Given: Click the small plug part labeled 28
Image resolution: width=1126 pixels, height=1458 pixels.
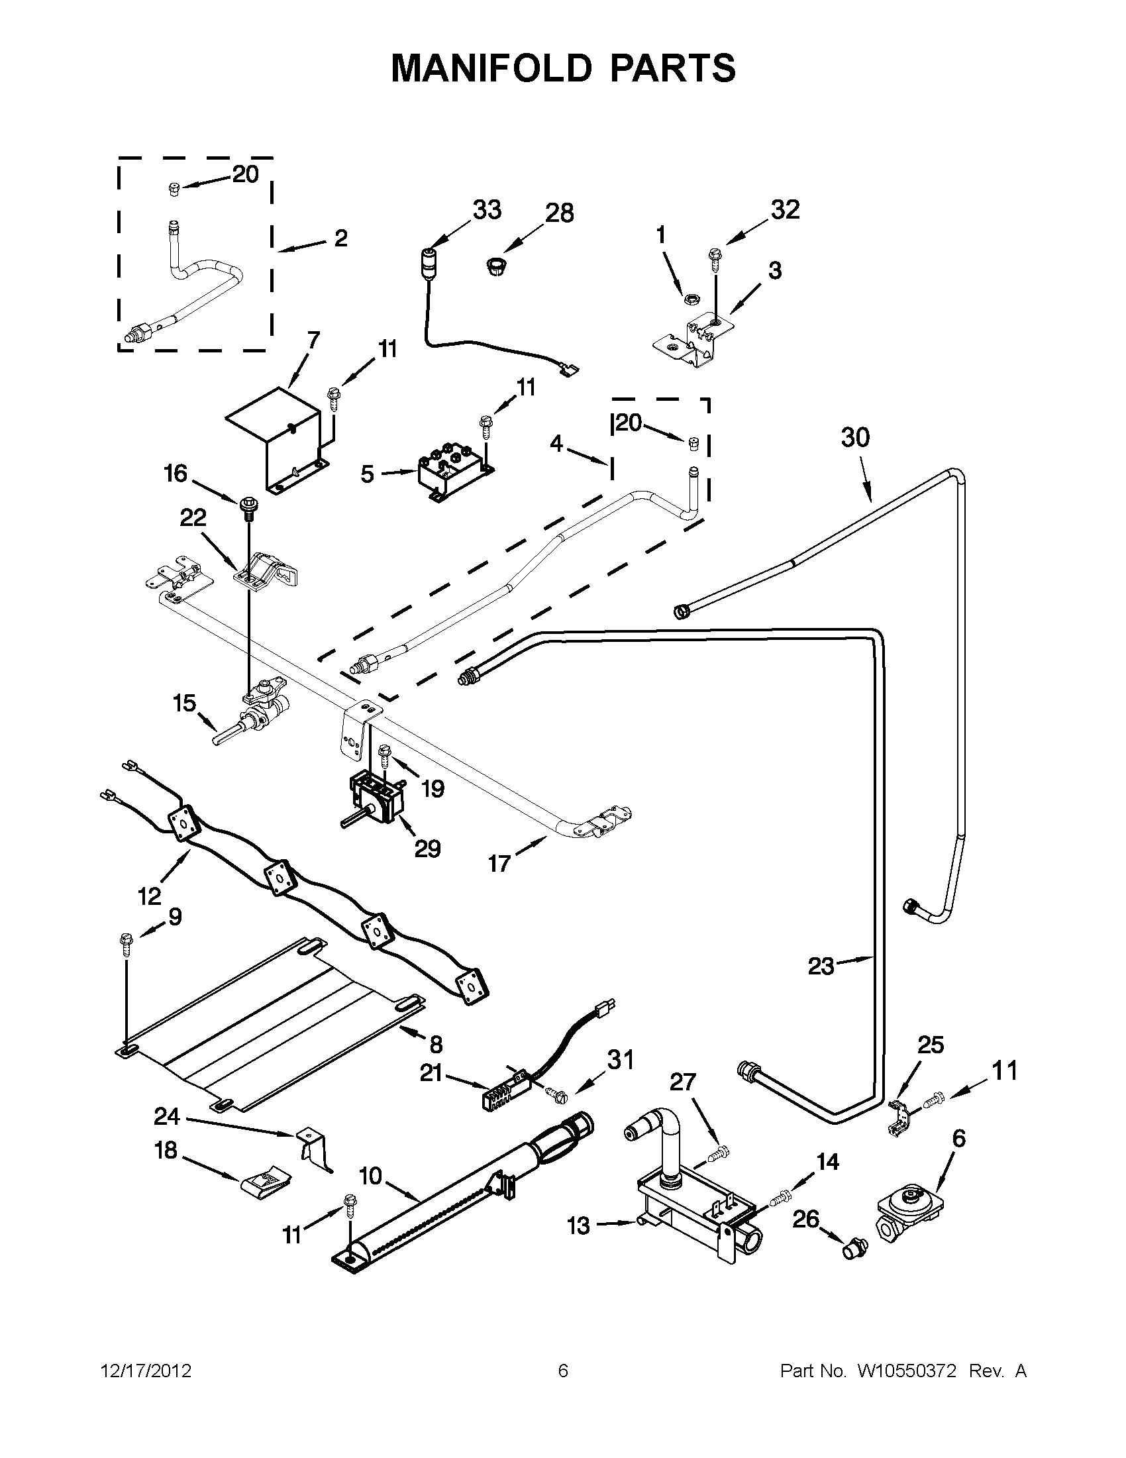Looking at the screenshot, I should coord(495,268).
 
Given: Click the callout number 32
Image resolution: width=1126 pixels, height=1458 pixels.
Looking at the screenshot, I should coord(785,209).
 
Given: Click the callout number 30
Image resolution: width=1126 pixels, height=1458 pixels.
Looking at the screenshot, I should coord(855,438).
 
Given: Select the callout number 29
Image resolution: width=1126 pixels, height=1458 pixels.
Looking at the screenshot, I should coord(427,849).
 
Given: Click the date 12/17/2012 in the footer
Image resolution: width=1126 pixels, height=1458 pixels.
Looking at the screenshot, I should coord(146,1371).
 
